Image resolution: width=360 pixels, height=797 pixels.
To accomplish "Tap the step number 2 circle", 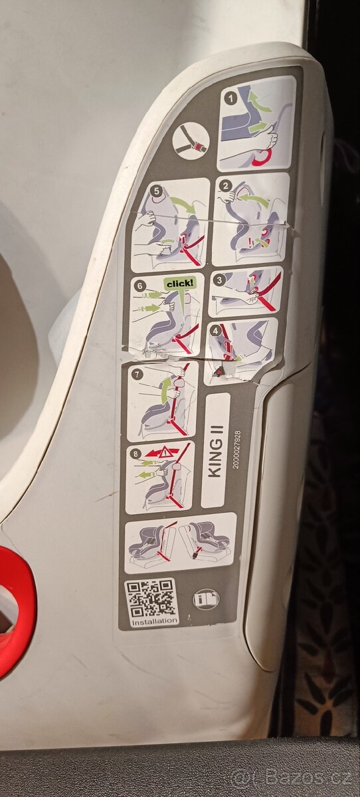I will click(x=226, y=186).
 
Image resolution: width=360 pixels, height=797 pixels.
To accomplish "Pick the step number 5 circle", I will click(x=156, y=191).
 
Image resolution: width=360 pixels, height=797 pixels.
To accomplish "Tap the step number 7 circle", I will click(x=137, y=375).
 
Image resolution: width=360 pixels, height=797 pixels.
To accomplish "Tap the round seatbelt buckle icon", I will click(x=191, y=140).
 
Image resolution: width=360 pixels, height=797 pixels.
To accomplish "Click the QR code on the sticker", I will click(x=151, y=597).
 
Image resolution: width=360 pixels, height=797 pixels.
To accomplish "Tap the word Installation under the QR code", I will click(x=153, y=622).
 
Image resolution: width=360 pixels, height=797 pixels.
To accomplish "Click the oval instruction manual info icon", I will click(x=202, y=600).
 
